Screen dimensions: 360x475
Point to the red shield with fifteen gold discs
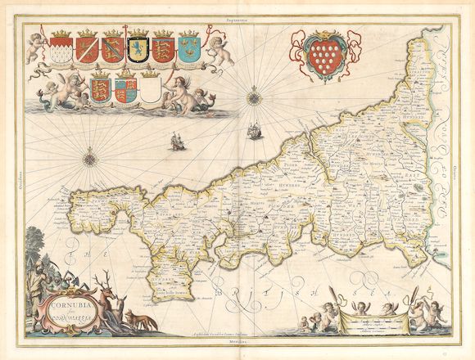[x=321, y=51]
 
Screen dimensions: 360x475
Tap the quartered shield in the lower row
[x=124, y=88]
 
